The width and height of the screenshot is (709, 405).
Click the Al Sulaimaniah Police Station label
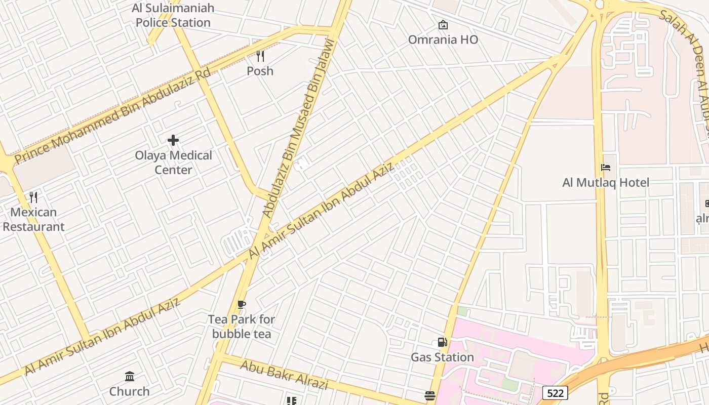(x=173, y=15)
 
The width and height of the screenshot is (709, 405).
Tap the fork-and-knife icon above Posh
(x=260, y=56)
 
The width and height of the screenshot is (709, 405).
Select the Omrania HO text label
(x=443, y=39)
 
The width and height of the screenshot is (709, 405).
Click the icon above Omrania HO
(x=443, y=24)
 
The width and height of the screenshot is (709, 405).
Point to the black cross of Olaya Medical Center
(x=173, y=140)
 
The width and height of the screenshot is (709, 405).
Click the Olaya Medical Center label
(x=173, y=163)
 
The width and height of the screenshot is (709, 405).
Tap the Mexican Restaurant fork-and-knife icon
(x=33, y=197)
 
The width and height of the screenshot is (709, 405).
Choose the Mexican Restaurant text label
(x=33, y=219)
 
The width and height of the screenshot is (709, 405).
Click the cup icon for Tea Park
(x=242, y=304)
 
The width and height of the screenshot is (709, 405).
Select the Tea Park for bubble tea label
(x=242, y=327)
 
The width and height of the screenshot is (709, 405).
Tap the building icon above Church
(x=130, y=376)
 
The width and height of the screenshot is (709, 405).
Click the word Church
(x=130, y=391)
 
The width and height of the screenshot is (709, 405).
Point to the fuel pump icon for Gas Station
(x=443, y=342)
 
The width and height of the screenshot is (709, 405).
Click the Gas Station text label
(x=443, y=357)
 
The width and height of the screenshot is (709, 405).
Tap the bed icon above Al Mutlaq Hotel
(x=606, y=168)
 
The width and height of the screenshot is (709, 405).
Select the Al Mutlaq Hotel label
(x=606, y=182)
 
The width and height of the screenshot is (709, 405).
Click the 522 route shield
(x=555, y=393)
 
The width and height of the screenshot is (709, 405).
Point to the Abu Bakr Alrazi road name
(x=284, y=375)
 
